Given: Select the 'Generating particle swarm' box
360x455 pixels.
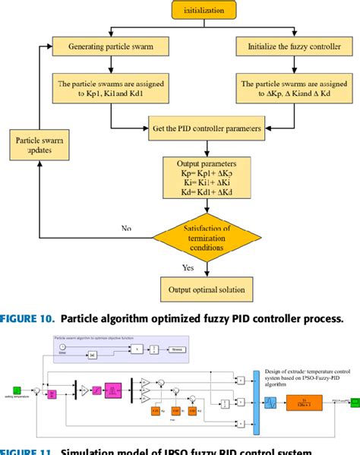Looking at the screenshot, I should tap(112, 46).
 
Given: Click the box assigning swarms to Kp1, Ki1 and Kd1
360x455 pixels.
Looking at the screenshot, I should tap(112, 87).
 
